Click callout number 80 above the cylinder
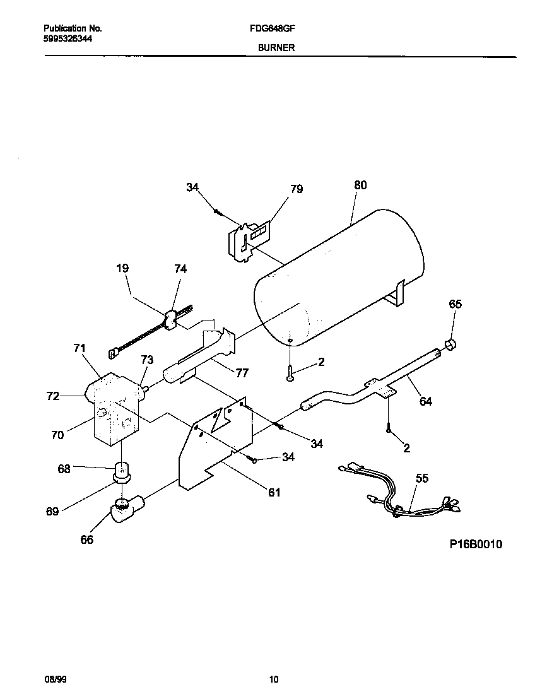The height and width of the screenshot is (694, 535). (x=360, y=185)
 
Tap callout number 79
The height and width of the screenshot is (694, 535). (x=296, y=189)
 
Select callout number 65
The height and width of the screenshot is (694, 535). (x=455, y=304)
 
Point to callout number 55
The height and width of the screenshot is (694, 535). (x=421, y=478)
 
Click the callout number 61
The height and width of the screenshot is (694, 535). (x=274, y=492)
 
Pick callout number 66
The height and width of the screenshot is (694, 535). (x=87, y=539)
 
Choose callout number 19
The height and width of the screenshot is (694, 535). (x=122, y=268)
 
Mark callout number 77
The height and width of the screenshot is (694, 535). (x=242, y=372)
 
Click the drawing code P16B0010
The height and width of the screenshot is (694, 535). (x=476, y=544)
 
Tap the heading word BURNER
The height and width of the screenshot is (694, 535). (x=276, y=47)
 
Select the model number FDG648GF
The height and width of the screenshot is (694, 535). (x=276, y=28)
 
